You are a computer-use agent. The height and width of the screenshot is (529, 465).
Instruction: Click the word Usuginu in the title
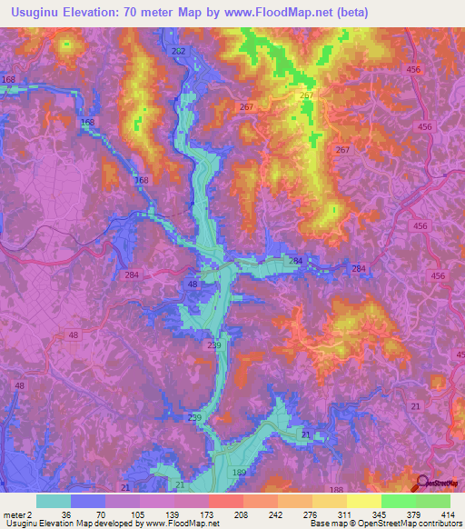point(39,12)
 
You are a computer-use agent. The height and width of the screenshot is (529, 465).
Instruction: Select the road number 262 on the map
point(178,52)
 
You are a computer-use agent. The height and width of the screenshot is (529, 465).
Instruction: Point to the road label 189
point(240,474)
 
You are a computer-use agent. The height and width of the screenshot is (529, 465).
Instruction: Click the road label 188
point(336,490)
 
